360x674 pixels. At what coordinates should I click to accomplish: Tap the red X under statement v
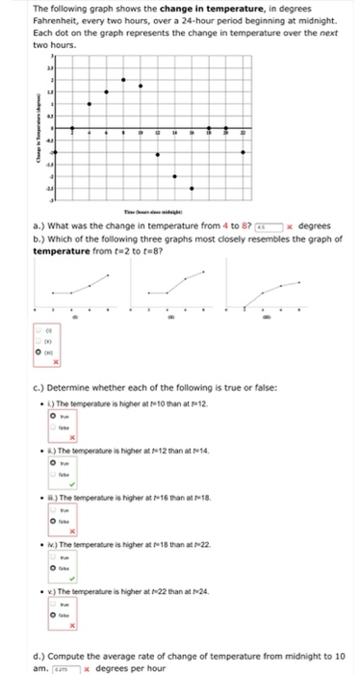coord(84,630)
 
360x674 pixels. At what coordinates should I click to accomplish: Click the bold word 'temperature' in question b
coord(62,250)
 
